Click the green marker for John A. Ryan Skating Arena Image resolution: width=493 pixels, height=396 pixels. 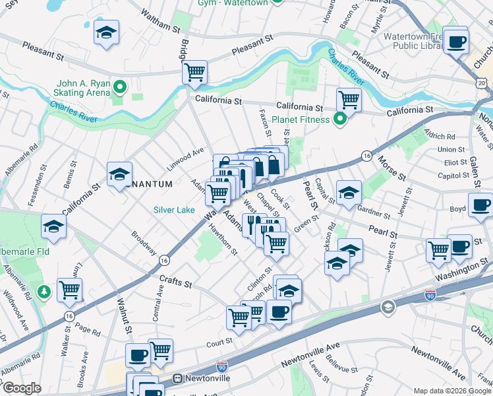pyautogui.click(x=119, y=86)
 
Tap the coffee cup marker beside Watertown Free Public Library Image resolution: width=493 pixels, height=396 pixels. pyautogui.click(x=455, y=42)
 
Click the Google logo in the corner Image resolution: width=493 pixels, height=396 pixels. pyautogui.click(x=21, y=388)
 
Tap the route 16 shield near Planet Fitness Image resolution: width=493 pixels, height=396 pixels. pyautogui.click(x=366, y=155)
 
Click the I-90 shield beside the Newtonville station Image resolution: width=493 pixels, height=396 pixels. pyautogui.click(x=221, y=366)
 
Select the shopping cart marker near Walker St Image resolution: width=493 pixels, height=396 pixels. pyautogui.click(x=69, y=288)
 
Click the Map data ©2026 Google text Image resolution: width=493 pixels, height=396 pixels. pyautogui.click(x=451, y=390)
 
